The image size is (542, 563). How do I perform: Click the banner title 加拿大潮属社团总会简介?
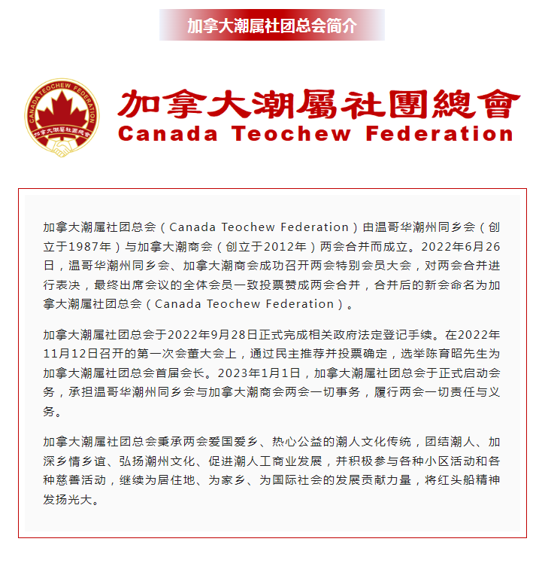(271, 26)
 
